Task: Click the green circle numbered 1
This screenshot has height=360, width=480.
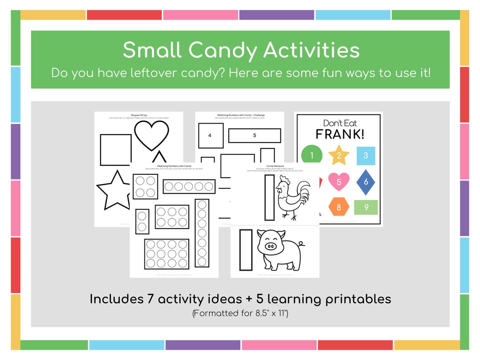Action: coord(312,156)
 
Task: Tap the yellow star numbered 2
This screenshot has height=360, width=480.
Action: coord(339,156)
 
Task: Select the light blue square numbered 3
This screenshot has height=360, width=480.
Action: coord(366,156)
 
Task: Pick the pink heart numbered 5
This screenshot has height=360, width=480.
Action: coord(339,181)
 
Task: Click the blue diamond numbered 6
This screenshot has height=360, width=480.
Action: coord(366,181)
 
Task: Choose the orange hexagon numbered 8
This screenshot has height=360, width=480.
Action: coord(339,207)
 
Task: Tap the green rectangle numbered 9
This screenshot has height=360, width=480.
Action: coord(366,207)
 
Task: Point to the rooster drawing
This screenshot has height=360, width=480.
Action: coord(293,198)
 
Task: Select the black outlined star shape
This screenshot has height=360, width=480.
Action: coord(114,190)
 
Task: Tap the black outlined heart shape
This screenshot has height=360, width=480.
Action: coord(152,135)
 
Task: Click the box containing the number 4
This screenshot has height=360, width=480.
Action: coord(210,135)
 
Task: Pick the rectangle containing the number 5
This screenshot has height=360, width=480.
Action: coord(255,135)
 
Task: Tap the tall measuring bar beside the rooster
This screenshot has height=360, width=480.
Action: coord(269,197)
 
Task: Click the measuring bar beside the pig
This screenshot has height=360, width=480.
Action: coord(246,250)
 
